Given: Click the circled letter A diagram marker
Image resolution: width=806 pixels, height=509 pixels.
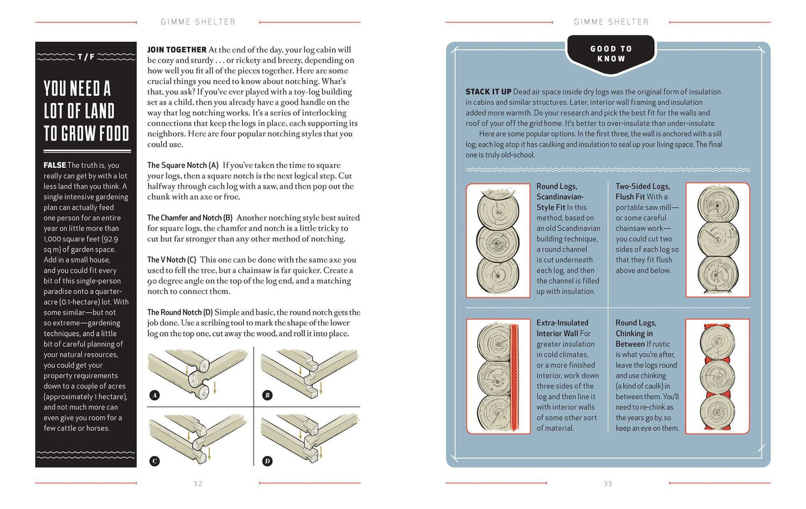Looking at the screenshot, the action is coord(155,395).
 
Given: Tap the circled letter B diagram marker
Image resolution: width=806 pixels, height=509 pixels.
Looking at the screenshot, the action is coord(267,395).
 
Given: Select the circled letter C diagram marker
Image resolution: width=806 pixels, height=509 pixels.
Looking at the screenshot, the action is coord(155,461).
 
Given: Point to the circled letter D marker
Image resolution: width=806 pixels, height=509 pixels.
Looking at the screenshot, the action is coord(267,461).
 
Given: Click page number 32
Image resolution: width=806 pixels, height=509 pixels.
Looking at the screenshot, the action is coord(198,484).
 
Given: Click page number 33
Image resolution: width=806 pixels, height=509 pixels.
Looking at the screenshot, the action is coord(608,484).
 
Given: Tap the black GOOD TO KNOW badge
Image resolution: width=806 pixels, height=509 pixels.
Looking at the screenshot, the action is coord(611,55).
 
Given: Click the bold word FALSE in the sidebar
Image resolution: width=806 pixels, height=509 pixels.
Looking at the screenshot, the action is coord(55,165).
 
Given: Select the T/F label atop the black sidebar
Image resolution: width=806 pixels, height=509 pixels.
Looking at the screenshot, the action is coord(86,57).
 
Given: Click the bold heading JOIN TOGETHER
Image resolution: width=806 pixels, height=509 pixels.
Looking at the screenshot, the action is coord(177,50).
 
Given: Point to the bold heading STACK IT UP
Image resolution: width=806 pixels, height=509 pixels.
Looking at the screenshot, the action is coord(488,92).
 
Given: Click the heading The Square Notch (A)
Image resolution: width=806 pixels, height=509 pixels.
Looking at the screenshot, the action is coord(183,165).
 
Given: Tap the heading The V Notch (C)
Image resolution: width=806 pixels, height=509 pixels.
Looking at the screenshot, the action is coord(172,260).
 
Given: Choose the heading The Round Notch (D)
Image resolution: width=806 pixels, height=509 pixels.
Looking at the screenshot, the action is coord(180,312).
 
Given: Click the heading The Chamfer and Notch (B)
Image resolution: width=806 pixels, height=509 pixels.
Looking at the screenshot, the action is coord(190,217).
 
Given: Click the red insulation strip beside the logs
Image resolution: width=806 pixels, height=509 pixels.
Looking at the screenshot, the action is coord(514,377).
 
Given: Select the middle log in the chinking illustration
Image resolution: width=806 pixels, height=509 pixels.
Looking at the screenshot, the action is coord(717,377).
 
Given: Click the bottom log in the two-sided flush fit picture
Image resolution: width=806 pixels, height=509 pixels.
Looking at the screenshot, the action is coord(718,273).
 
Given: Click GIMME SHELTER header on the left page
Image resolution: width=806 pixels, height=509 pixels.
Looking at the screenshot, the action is coord(198,22).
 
